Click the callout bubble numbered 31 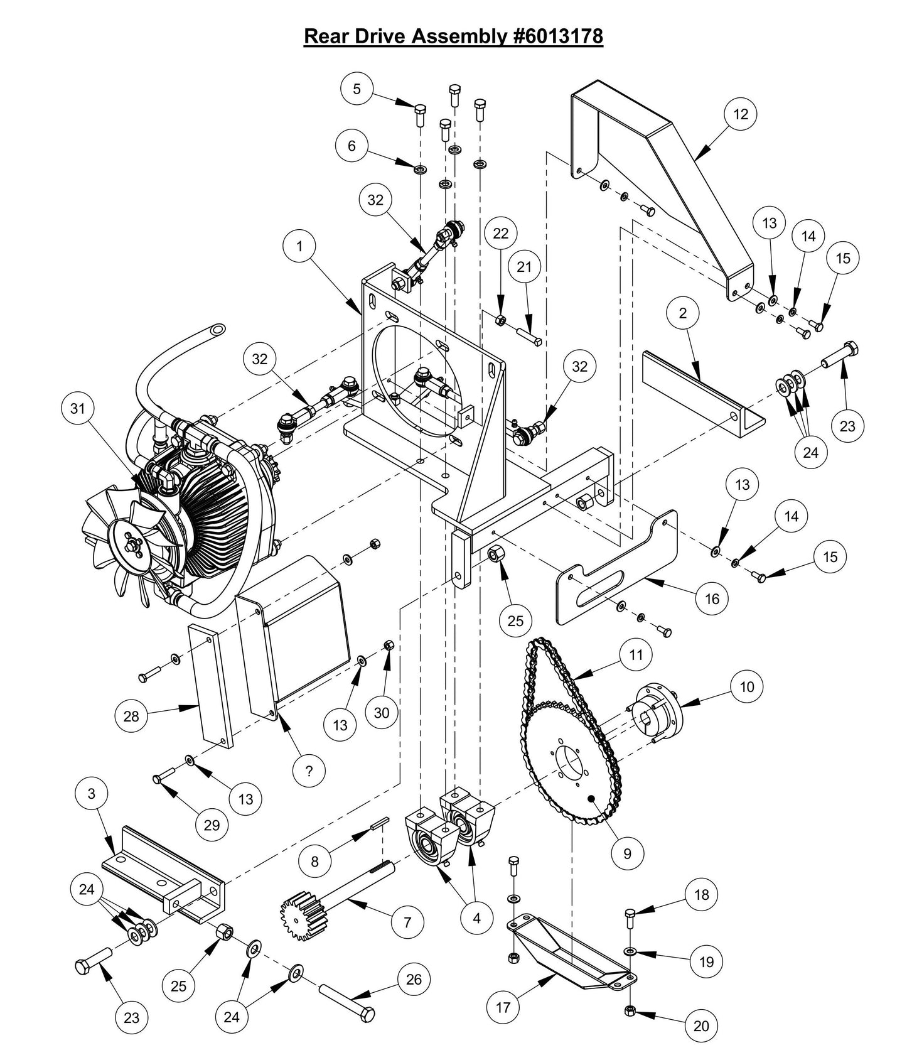click(77, 408)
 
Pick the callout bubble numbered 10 click(746, 686)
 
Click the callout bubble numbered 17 click(503, 1007)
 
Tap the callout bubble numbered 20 click(701, 1025)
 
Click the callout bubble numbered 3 click(92, 793)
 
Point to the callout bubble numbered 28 click(131, 715)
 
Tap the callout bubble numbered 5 click(357, 89)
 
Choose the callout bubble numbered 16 click(712, 598)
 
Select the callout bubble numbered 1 click(299, 246)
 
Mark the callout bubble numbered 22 click(501, 233)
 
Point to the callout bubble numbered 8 click(314, 861)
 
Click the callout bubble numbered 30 click(382, 712)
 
